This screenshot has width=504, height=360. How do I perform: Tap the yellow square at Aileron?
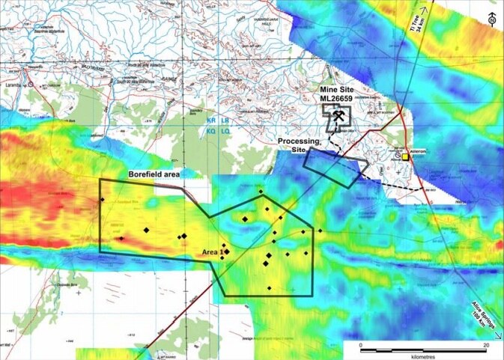(405, 158)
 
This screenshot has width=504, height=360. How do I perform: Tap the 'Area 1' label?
(210, 252)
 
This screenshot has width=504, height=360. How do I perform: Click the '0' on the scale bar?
(362, 345)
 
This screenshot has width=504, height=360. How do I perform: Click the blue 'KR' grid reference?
(210, 120)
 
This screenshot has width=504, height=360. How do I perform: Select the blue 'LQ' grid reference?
(225, 131)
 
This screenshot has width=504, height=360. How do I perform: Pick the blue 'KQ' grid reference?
(210, 131)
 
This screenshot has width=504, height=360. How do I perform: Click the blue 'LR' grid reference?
(225, 120)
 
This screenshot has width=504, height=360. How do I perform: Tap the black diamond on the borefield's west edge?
(101, 199)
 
